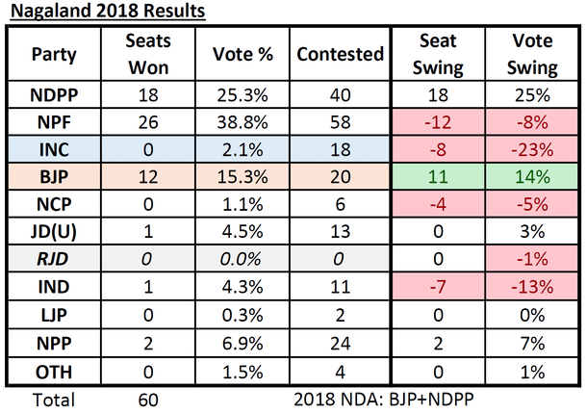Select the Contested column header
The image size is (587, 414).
tap(338, 55)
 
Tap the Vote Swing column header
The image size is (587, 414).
tap(533, 55)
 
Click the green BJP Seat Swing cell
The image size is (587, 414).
tap(439, 177)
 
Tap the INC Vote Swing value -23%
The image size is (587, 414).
tap(533, 150)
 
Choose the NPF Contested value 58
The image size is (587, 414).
tap(338, 123)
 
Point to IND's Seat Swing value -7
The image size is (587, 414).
tap(439, 285)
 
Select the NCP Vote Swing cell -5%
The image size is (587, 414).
tap(533, 204)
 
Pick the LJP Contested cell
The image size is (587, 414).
tap(338, 312)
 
